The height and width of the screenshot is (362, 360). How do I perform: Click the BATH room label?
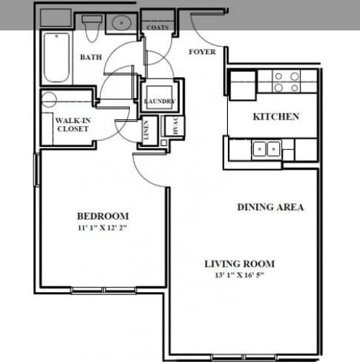pos(91,57)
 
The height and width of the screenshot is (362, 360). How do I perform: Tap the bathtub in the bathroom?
pos(56,58)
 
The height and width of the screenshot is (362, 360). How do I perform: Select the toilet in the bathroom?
pos(93,28)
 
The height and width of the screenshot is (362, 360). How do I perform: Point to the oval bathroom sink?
pos(121,23)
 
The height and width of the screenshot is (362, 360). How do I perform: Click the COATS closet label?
pos(157,28)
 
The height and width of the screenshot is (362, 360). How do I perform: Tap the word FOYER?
pos(202,52)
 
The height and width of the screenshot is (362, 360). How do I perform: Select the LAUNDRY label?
pos(160,101)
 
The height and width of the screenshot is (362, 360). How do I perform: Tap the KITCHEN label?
pos(276,116)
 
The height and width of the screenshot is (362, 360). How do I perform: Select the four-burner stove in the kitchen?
pos(286,81)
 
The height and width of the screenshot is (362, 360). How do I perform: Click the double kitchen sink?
pos(265,148)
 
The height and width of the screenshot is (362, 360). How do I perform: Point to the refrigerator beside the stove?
pos(242,85)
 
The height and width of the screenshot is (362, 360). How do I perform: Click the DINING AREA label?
pos(270,207)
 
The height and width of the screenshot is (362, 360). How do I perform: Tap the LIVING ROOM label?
pos(240,263)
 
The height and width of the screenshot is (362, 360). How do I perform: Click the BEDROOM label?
pos(102,216)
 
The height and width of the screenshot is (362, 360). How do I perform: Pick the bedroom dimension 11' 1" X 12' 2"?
pos(102,228)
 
